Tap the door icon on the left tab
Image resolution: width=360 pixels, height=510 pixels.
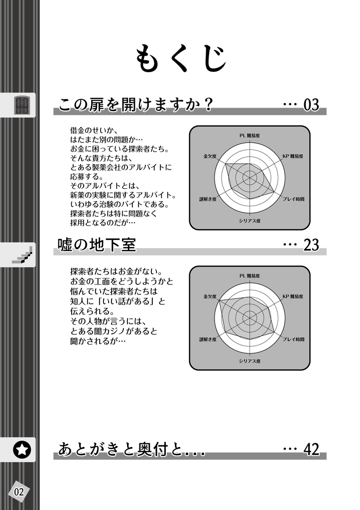[21, 105]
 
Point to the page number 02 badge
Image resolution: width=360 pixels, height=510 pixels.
[19, 492]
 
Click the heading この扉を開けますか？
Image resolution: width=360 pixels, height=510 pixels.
[136, 105]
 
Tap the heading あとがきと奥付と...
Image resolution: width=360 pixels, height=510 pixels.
[131, 449]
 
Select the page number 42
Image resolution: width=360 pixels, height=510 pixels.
[311, 449]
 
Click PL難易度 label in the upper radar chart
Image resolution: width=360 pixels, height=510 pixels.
[250, 135]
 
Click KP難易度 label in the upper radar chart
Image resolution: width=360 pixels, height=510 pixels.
[293, 156]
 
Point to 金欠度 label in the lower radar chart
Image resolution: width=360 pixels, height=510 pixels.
[210, 296]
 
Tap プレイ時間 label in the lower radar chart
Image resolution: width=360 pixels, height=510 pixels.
[293, 339]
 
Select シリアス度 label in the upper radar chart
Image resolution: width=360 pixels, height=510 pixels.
[249, 220]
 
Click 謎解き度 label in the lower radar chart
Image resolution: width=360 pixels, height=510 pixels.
[208, 339]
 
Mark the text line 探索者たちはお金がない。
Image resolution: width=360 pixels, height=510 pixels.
[116, 272]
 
